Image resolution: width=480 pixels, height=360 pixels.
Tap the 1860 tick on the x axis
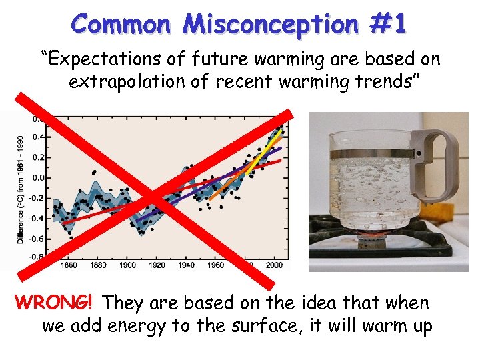click(69, 265)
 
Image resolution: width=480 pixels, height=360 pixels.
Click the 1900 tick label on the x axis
click(127, 265)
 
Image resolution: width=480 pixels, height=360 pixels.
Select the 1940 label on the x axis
click(186, 265)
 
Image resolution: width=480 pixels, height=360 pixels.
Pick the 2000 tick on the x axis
click(274, 265)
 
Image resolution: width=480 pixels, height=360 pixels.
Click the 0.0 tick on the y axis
click(37, 178)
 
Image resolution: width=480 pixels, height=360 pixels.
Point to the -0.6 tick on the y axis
click(36, 239)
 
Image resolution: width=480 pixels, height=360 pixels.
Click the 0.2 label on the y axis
click(37, 157)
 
